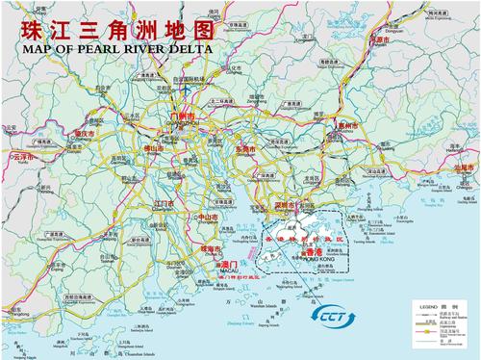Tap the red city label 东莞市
246,150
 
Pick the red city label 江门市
164,204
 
